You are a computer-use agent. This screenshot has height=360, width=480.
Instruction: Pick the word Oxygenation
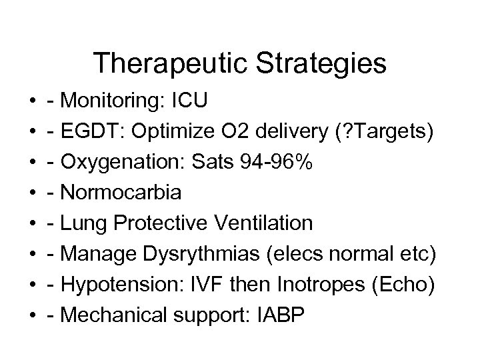pos(115,162)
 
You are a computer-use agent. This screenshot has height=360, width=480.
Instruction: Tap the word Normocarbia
pos(120,193)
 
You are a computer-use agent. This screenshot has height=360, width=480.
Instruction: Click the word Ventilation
pos(268,223)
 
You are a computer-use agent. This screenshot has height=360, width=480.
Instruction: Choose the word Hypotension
pos(111,284)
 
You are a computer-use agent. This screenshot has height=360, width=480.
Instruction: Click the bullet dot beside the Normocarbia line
pos(33,193)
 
